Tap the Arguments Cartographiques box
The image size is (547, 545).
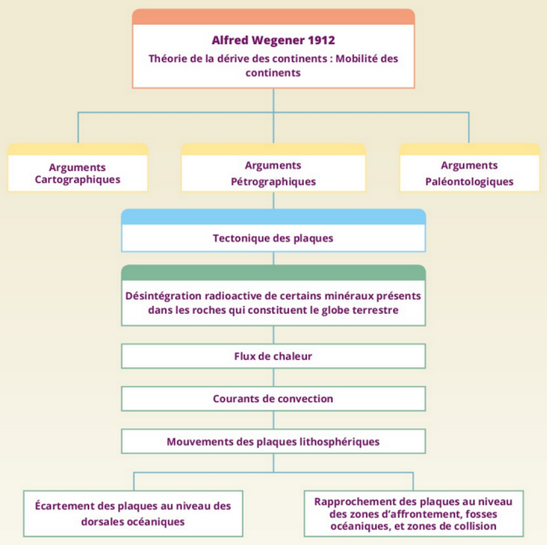click(x=77, y=173)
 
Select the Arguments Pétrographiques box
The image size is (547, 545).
click(x=273, y=173)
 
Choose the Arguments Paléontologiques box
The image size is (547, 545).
click(x=469, y=173)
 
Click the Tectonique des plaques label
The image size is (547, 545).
click(x=273, y=238)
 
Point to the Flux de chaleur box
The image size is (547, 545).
click(x=273, y=356)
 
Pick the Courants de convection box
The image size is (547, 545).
click(x=273, y=398)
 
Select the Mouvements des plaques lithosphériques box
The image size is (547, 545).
click(x=273, y=441)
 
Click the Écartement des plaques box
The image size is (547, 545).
click(x=133, y=513)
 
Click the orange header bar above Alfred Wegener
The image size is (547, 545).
click(x=273, y=16)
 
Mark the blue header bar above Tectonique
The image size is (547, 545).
click(x=273, y=216)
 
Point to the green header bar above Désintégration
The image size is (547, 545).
click(x=273, y=272)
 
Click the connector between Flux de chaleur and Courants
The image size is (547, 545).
click(x=273, y=377)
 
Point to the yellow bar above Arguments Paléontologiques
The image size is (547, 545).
click(x=469, y=148)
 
